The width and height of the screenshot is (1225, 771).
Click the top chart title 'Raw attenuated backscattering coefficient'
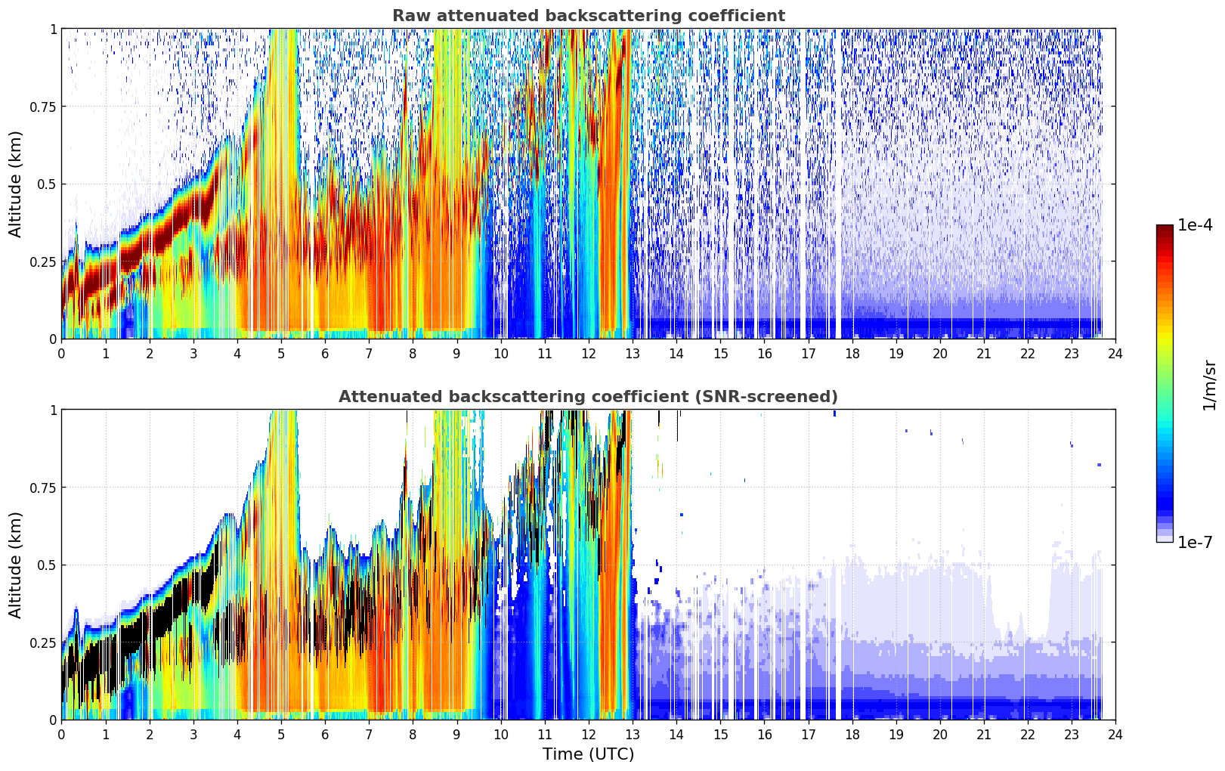click(589, 15)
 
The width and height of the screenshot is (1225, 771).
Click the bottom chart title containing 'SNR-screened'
click(589, 396)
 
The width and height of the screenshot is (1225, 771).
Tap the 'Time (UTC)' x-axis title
click(589, 754)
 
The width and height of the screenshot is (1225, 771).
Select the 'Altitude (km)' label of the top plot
click(15, 184)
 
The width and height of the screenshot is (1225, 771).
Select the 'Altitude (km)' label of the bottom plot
click(15, 565)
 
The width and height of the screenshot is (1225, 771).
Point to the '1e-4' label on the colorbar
click(1195, 224)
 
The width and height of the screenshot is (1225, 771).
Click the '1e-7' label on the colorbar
click(1195, 543)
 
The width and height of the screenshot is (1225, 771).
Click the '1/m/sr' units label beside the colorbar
click(1209, 385)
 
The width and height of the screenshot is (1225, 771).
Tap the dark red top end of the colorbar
click(1165, 228)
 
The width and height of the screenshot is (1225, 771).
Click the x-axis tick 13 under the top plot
click(633, 354)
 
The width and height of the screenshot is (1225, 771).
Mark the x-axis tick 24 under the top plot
click(1115, 354)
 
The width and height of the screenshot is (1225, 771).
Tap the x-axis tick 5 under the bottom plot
click(281, 735)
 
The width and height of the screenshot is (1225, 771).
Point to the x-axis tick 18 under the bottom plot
click(852, 735)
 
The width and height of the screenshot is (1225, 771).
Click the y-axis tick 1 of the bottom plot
click(53, 410)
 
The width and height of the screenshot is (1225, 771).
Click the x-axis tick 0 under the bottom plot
click(61, 735)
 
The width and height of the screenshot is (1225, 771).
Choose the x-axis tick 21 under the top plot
click(984, 354)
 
